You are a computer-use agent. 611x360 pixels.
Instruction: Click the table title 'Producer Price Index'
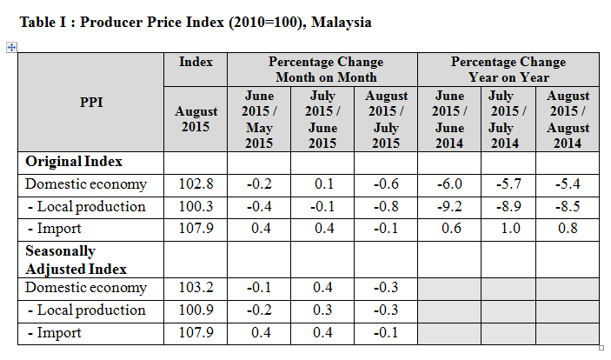coord(196,22)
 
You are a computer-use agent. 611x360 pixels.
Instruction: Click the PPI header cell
coord(91,102)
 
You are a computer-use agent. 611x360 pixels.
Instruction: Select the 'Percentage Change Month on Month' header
coord(325,70)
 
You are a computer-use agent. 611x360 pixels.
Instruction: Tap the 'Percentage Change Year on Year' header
coord(508,70)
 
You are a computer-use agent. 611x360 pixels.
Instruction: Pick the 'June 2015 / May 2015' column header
coord(258,119)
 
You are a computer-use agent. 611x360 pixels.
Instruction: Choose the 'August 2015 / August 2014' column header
coord(568,119)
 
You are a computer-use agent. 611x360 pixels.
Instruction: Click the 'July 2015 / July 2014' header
coord(508,119)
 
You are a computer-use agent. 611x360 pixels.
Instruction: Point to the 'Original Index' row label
coord(73,162)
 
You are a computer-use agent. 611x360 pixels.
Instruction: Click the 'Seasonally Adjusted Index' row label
coord(76,259)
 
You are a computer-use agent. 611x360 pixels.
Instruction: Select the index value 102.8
coord(196,184)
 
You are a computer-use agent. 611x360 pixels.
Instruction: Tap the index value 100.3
coord(196,206)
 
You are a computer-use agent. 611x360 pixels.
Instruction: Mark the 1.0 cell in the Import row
coord(508,229)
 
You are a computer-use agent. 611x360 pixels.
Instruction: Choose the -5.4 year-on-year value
coord(568,184)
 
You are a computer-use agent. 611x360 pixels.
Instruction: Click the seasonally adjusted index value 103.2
coord(196,288)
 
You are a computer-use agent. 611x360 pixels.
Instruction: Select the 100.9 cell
coord(196,310)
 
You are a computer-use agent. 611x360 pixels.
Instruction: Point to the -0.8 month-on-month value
coord(386,206)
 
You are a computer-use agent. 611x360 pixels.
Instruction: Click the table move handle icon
coord(11,47)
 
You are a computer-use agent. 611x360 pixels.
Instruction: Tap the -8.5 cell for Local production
coord(568,206)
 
